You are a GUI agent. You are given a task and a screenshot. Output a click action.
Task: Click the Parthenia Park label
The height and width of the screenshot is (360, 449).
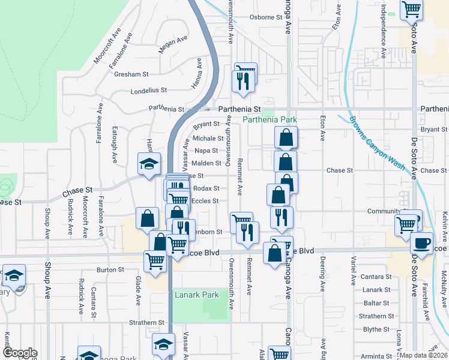270,119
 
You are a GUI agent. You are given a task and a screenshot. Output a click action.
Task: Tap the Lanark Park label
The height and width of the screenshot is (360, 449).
196,295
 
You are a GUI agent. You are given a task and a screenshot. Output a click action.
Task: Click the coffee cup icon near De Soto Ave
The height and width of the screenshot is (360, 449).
421,243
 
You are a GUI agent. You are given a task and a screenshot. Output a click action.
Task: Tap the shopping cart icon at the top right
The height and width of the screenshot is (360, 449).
412,8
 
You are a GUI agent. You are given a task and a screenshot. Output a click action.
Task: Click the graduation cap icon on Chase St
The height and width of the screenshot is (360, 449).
149,163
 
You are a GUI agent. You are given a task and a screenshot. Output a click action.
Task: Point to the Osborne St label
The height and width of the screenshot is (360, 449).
266,17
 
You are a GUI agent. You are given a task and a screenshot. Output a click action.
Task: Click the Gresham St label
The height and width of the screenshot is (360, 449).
133,74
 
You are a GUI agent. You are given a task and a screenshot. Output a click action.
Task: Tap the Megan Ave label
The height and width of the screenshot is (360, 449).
173,46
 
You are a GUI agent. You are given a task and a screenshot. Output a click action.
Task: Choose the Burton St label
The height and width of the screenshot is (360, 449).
110,270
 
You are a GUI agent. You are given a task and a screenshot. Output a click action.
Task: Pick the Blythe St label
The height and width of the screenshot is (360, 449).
377,329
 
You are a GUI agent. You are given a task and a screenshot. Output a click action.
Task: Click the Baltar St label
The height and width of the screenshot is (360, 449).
377,303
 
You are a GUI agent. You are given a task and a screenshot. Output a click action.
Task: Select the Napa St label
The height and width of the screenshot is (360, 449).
206,151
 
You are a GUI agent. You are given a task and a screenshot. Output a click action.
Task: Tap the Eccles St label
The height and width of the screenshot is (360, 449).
205,201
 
